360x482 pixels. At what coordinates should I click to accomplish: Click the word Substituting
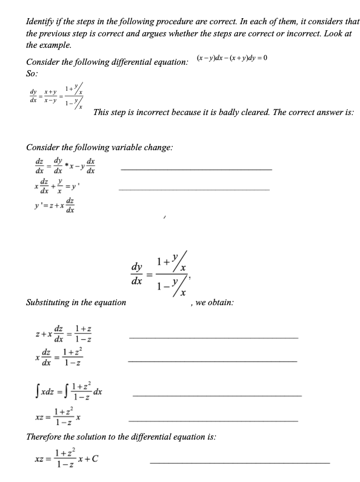pyautogui.click(x=53, y=302)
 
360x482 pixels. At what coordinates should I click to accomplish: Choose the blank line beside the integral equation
pyautogui.click(x=216, y=395)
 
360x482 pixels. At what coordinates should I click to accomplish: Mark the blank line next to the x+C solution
pyautogui.click(x=239, y=464)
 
